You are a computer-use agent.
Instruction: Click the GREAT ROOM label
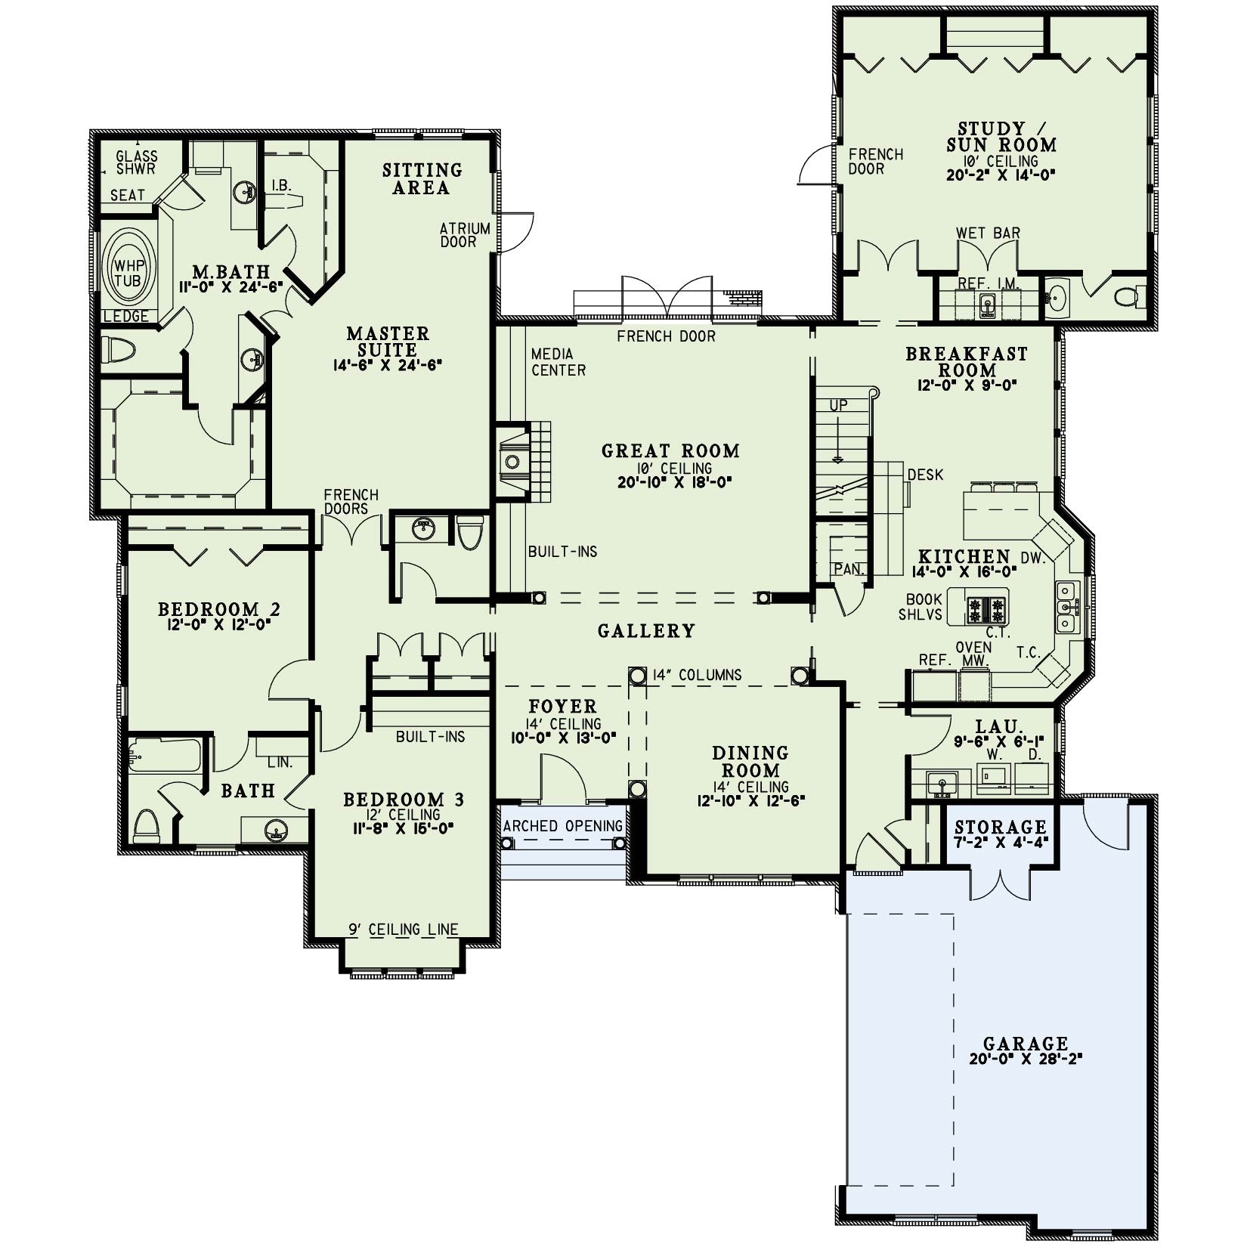670,451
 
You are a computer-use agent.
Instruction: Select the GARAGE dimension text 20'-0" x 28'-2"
1026,1059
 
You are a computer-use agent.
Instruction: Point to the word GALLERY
646,630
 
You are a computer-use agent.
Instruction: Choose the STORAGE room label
1001,826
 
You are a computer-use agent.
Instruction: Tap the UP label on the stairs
839,406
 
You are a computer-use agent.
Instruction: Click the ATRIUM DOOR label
465,235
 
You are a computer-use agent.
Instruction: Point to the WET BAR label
988,233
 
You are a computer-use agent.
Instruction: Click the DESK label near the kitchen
926,475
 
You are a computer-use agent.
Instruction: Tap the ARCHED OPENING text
563,826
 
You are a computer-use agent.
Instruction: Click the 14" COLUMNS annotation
698,675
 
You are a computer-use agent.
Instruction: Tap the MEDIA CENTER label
559,362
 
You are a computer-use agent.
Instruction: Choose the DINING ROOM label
750,762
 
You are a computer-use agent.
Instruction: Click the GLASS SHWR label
137,162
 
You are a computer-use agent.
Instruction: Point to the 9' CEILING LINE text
404,930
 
